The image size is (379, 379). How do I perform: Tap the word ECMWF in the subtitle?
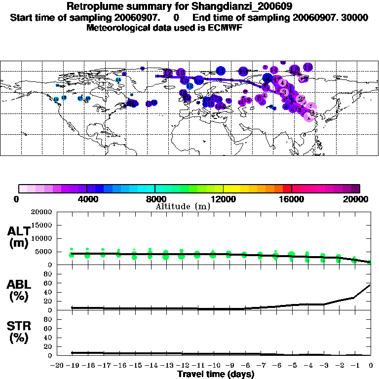(226, 28)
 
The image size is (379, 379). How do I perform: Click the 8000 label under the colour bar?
(154, 199)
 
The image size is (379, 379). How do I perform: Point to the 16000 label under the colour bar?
(292, 199)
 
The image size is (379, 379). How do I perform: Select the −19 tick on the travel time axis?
(73, 366)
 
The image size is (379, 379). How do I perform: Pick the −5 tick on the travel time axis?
(291, 366)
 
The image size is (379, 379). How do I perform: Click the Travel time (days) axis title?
(216, 374)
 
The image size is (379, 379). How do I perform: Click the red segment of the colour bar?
(287, 189)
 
